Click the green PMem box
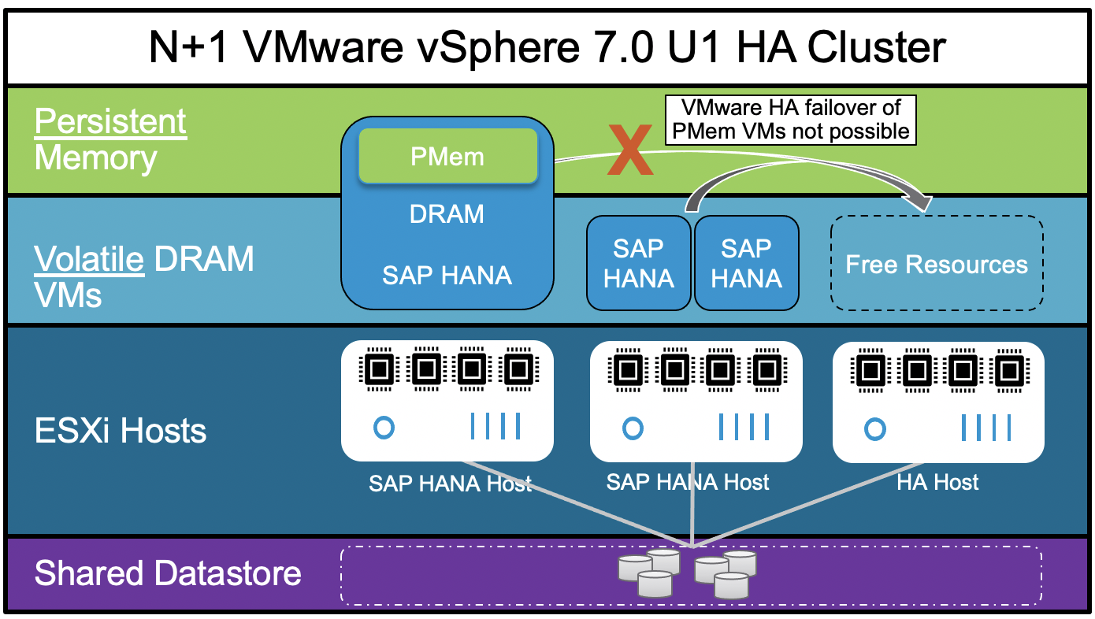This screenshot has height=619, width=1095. [x=447, y=156]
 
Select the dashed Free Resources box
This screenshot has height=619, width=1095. [x=937, y=263]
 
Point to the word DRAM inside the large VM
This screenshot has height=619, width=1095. [x=447, y=214]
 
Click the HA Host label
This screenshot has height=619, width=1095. [x=937, y=482]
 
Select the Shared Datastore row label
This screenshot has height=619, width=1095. [x=168, y=573]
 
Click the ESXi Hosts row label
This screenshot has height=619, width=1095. [x=121, y=431]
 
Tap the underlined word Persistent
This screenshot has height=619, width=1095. [x=110, y=122]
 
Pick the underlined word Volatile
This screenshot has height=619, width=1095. [x=89, y=259]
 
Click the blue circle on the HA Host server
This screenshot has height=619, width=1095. [x=874, y=429]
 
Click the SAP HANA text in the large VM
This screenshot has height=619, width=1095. [x=447, y=275]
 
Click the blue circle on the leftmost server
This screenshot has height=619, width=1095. [x=383, y=428]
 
